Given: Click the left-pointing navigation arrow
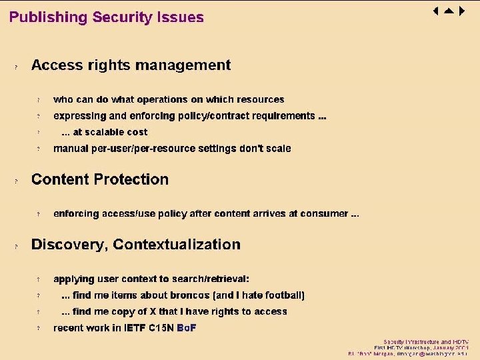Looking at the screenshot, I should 435,11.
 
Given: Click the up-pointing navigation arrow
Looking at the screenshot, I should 448,11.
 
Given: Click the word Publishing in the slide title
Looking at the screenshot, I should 47,18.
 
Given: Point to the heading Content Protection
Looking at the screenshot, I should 100,179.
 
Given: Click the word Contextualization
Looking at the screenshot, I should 177,245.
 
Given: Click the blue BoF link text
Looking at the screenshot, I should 186,328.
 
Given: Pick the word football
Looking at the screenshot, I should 283,295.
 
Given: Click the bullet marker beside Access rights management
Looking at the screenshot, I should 17,67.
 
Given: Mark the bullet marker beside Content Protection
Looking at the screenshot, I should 17,181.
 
